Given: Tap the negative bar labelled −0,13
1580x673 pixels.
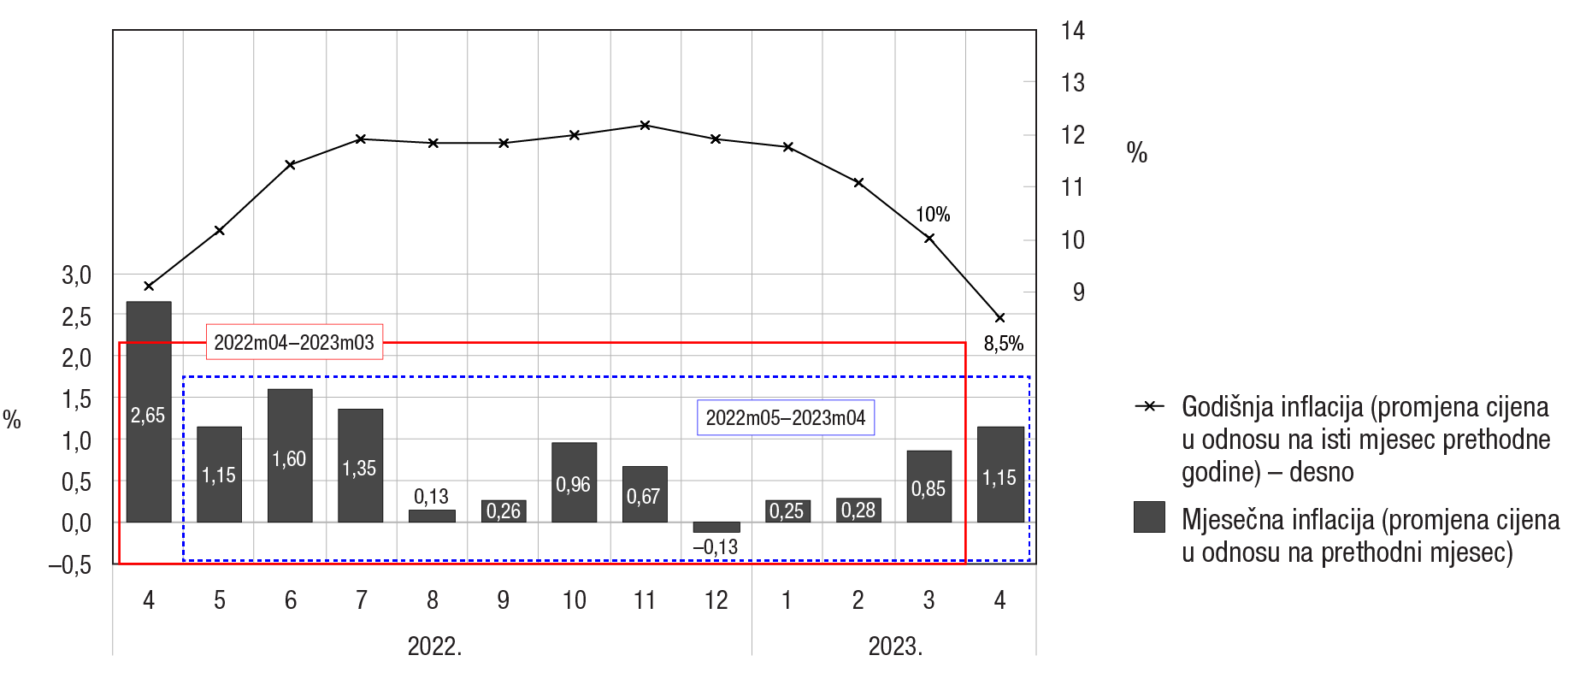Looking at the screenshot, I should [716, 527].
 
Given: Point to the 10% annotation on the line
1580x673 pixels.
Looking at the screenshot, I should [933, 215].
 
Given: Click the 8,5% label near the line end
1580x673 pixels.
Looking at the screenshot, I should [1003, 344].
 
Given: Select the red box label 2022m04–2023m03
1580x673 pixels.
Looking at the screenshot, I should [294, 342].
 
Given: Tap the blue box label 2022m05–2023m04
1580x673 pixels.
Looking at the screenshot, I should [786, 418].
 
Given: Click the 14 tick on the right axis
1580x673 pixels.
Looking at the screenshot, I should [1072, 32].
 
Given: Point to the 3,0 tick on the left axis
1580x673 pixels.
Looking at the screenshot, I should [76, 275].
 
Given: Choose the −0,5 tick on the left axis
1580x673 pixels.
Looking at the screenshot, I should [70, 565].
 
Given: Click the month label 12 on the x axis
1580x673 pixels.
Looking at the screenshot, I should [716, 600].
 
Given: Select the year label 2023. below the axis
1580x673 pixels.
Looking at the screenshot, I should [895, 646].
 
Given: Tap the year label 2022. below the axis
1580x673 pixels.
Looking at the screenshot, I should [434, 646].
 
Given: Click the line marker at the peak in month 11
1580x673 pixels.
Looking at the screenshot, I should [646, 126].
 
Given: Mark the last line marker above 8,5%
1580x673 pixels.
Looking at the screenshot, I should [999, 318].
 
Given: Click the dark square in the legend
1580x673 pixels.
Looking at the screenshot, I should [1149, 517].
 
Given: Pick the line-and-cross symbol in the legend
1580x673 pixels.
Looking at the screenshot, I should [1149, 406].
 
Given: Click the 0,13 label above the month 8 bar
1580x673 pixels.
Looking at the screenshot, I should [431, 497].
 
